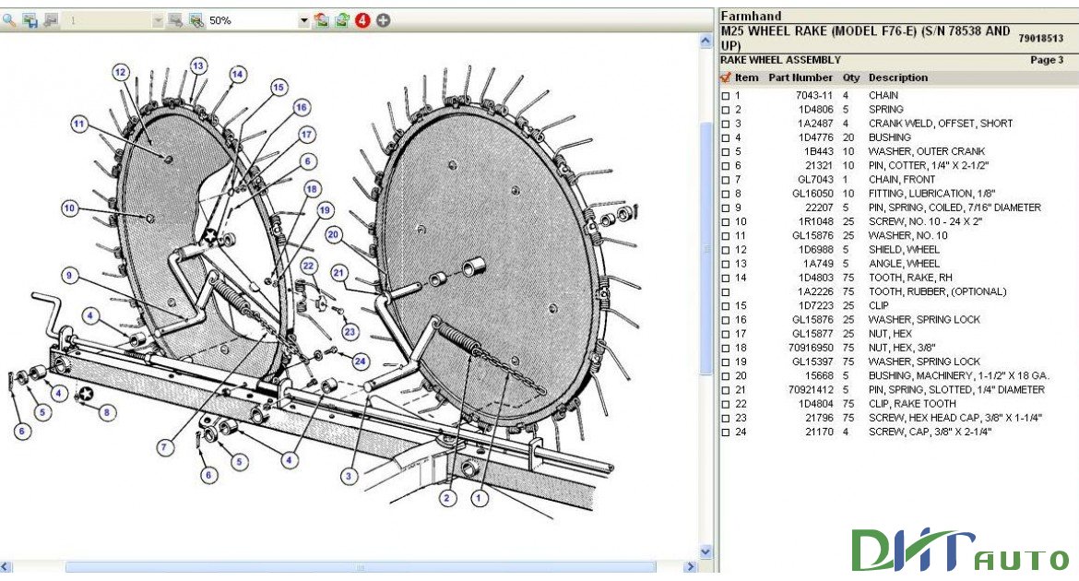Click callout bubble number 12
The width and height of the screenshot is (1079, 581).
coord(121,71)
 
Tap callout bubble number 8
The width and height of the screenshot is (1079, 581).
coord(108,412)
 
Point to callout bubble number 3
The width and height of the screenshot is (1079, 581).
coord(349,476)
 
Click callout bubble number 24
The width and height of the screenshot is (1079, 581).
coord(360,361)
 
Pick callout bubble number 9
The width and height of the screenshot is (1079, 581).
coord(69,274)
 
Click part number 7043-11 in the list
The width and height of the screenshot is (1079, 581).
coord(814,95)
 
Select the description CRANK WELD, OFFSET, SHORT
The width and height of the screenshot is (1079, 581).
coord(940,124)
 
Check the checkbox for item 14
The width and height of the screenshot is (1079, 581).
coord(725,278)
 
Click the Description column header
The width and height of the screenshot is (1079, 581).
coord(897,77)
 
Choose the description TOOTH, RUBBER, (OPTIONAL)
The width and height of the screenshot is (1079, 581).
coord(936,291)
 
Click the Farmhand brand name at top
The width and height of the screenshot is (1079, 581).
coord(751,16)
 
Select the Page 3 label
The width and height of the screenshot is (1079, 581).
coord(1046,60)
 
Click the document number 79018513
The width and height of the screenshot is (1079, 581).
coord(1040,38)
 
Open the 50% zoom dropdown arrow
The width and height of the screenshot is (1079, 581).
coord(303,20)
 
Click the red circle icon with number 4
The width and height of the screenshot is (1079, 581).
coord(362,20)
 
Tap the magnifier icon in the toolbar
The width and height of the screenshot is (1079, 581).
coord(9,20)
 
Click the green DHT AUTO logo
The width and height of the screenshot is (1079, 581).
coord(959,551)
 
